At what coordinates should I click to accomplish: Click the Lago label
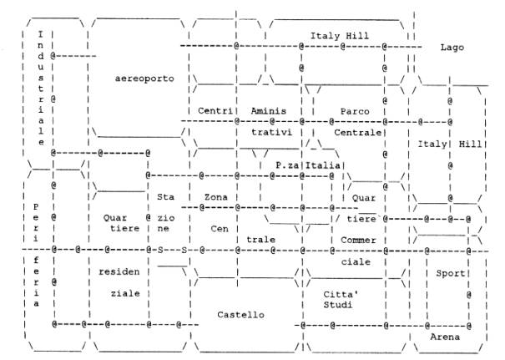[452, 48]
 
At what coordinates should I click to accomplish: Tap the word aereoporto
[144, 79]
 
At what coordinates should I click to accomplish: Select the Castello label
[240, 315]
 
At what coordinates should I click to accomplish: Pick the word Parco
[354, 111]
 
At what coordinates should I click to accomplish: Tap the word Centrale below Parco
[356, 133]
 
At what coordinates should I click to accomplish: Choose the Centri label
[215, 111]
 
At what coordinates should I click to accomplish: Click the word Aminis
[268, 111]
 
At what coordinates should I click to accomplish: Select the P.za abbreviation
[288, 165]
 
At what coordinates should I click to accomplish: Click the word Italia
[322, 165]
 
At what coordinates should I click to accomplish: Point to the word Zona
[215, 197]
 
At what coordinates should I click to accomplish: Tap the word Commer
[360, 241]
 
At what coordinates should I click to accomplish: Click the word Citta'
[340, 294]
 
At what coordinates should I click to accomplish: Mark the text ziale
[125, 294]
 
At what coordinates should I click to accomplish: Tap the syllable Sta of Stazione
[164, 197]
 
